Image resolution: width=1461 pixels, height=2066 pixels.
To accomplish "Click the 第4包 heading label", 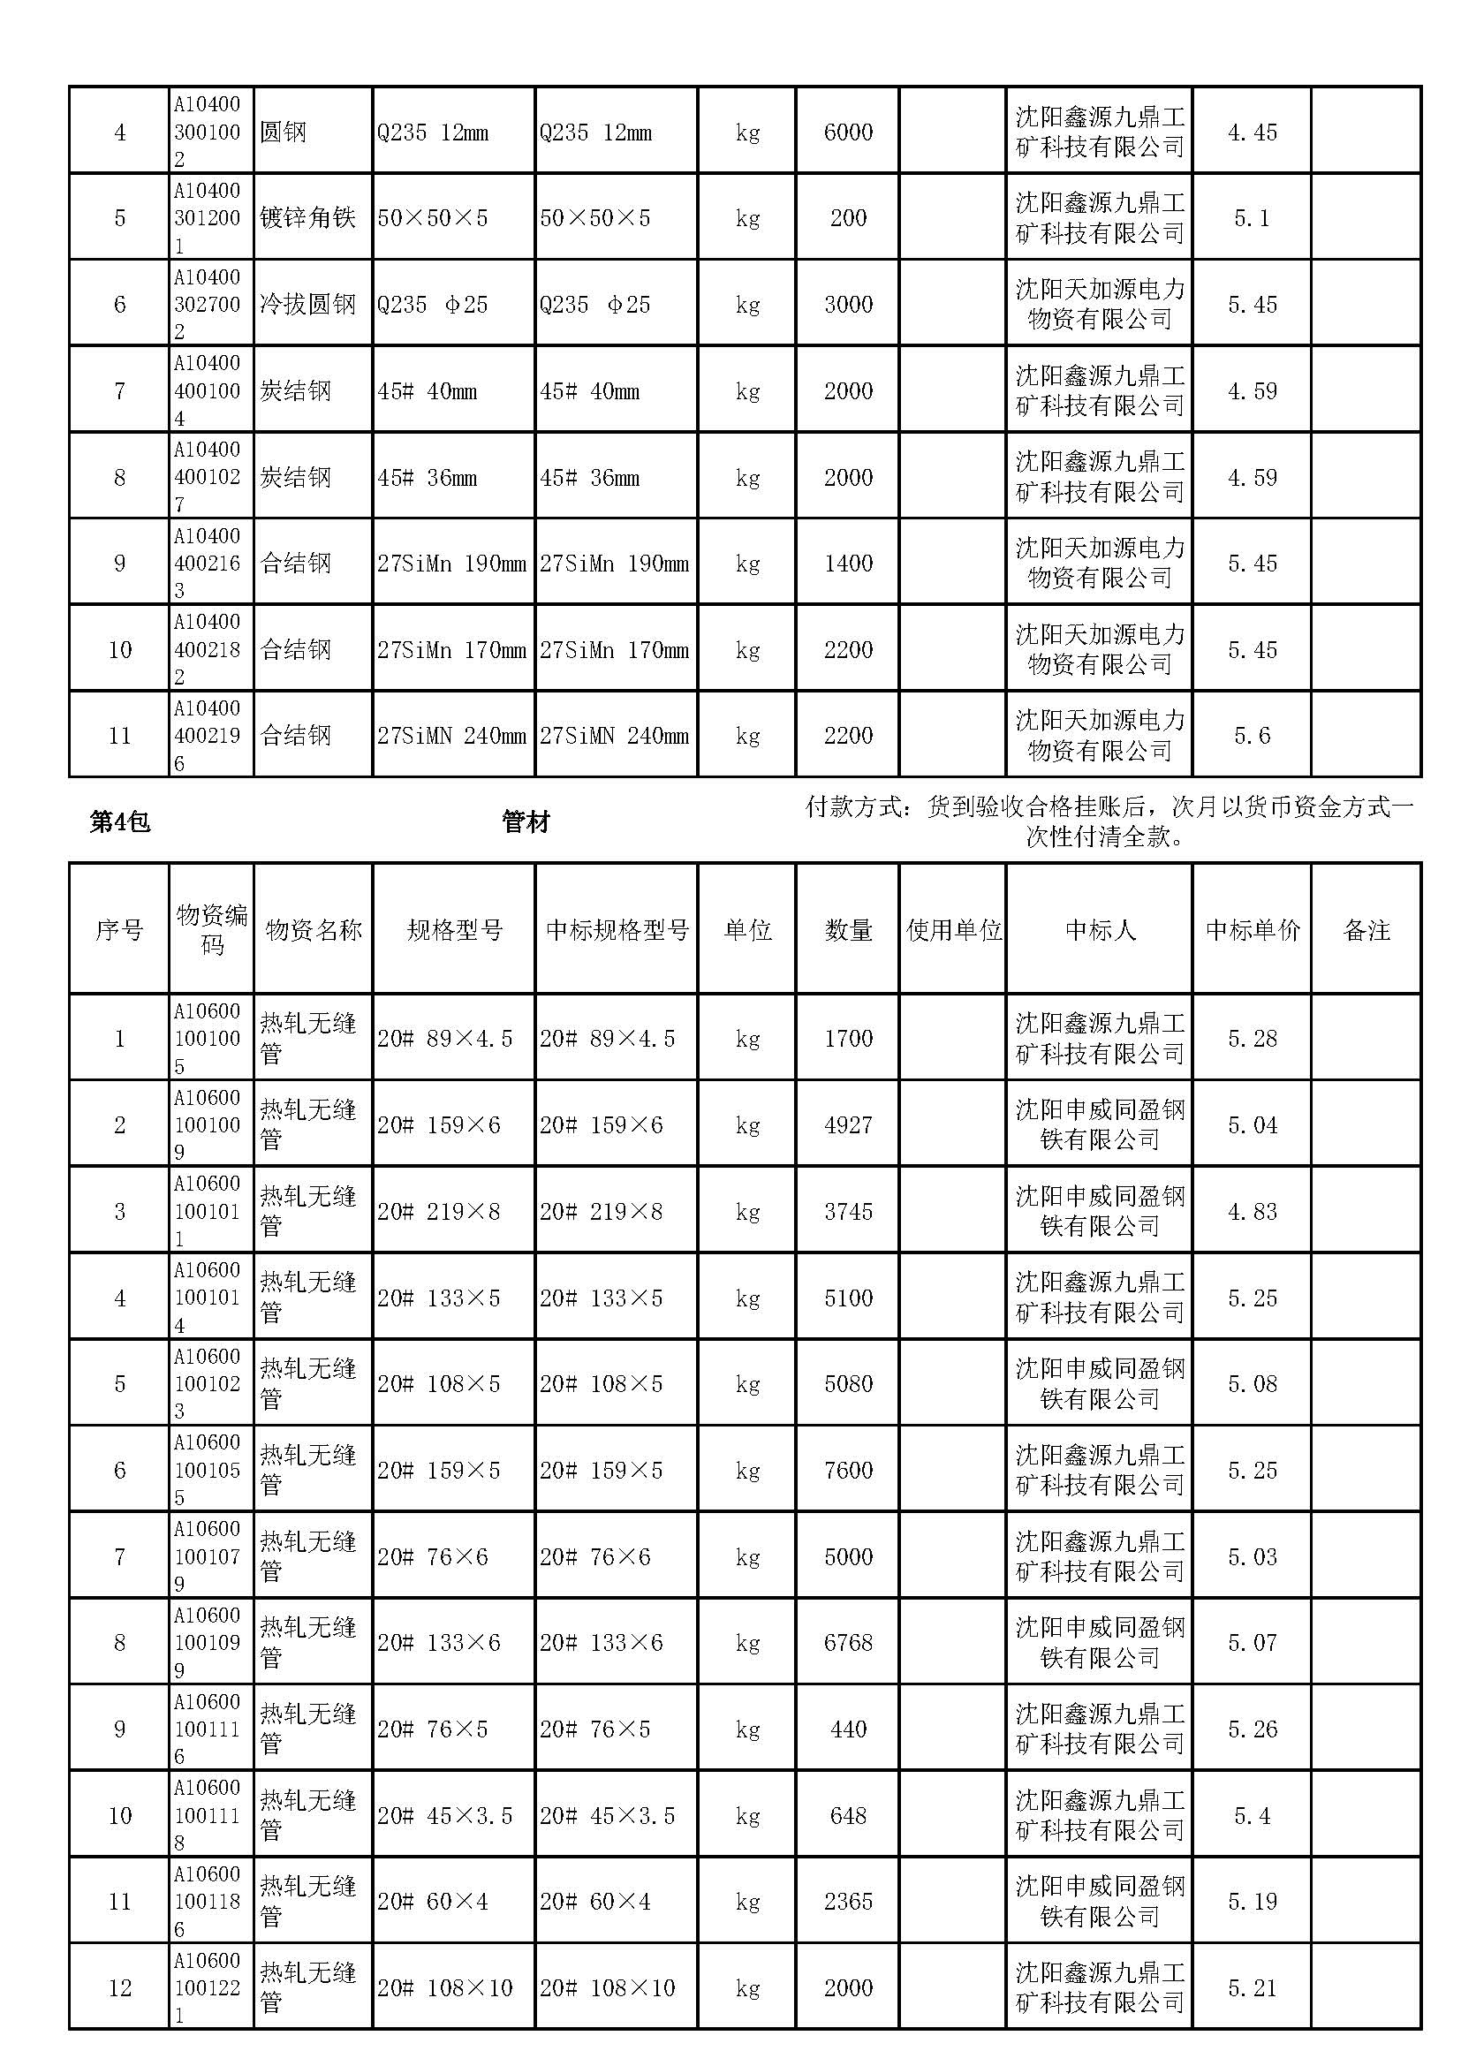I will click(x=119, y=821).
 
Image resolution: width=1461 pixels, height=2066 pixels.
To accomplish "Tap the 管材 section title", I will click(x=526, y=821).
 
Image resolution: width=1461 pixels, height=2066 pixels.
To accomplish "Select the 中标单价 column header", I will click(x=1253, y=929).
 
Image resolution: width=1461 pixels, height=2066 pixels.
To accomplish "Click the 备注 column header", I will click(x=1366, y=929).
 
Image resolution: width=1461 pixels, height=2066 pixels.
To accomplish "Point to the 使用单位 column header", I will click(x=953, y=929).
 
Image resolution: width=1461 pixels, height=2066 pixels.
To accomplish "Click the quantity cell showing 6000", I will click(x=847, y=132).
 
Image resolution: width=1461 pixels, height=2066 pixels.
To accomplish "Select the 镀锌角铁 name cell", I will click(x=307, y=218).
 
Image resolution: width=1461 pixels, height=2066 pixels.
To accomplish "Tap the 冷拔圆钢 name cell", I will click(x=307, y=304).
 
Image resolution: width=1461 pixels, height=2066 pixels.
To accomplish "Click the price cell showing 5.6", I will click(x=1253, y=736).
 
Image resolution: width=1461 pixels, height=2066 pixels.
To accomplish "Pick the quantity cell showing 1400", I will click(x=847, y=564).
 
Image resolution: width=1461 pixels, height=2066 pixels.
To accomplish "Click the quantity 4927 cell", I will click(x=847, y=1124).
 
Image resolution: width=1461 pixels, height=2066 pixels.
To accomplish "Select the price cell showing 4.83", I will click(x=1253, y=1211).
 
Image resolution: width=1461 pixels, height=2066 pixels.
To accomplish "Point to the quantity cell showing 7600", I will click(x=847, y=1471).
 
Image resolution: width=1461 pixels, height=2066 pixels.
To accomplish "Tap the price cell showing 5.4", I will click(x=1253, y=1816).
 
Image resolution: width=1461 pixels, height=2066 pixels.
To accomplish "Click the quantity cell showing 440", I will click(x=847, y=1729).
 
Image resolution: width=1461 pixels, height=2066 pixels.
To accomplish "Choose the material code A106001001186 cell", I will click(x=208, y=1902).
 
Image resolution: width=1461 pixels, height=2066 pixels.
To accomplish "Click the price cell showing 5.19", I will click(x=1253, y=1902).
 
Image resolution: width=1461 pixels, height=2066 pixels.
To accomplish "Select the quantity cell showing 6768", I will click(x=847, y=1643).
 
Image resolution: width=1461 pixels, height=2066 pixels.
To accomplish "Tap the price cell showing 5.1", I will click(x=1253, y=218).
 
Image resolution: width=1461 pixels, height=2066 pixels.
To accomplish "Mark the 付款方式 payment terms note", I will click(x=1109, y=821).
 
